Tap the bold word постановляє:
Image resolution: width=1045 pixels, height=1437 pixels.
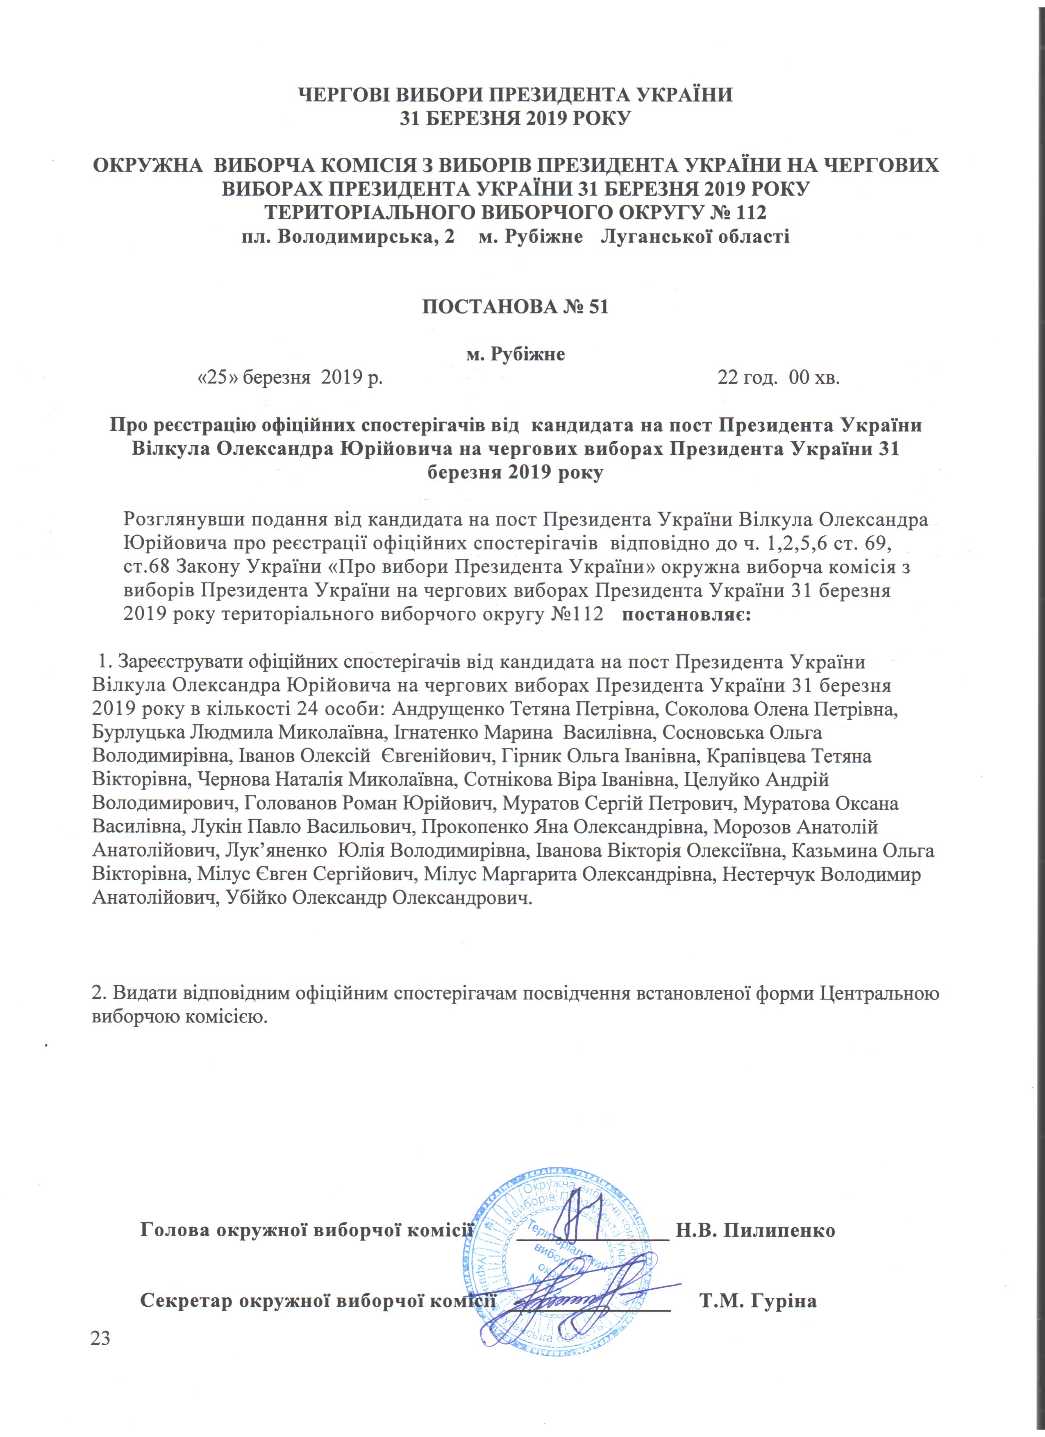(x=687, y=615)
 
